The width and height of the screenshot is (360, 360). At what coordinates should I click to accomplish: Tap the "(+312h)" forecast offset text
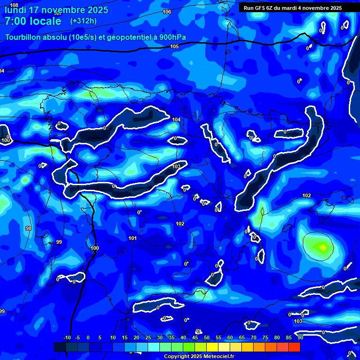point(83,21)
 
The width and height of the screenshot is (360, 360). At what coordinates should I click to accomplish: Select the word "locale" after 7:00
point(44,21)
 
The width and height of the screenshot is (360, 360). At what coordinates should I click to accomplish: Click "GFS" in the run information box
point(261,8)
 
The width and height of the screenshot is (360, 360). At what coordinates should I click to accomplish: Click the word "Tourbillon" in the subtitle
point(22,37)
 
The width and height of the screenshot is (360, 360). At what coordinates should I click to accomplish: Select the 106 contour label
point(167,12)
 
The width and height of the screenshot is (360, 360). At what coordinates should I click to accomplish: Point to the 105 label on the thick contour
point(174,46)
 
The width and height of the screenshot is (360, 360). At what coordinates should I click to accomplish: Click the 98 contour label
point(29,228)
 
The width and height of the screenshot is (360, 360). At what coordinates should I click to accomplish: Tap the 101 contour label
point(133,239)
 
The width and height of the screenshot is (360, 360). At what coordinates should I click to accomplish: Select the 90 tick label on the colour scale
point(300,337)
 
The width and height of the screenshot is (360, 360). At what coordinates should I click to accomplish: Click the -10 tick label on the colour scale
point(67,337)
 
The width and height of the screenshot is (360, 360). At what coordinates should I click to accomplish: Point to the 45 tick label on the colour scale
point(195,337)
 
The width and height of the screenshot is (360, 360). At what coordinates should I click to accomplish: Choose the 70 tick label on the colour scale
point(253,337)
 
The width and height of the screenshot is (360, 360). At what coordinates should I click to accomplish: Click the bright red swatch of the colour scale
point(294,347)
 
